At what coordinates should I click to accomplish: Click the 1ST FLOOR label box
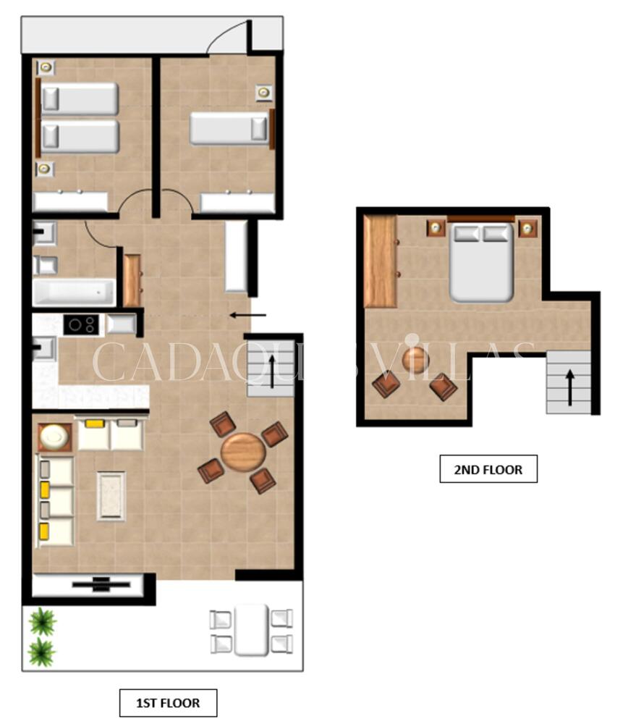pyautogui.click(x=168, y=703)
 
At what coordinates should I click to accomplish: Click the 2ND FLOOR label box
pyautogui.click(x=488, y=469)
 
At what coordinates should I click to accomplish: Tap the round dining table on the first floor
pyautogui.click(x=243, y=452)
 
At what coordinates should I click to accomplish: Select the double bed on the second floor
pyautogui.click(x=481, y=261)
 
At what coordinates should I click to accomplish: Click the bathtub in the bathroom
pyautogui.click(x=74, y=292)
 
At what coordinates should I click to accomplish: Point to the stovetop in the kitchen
pyautogui.click(x=81, y=324)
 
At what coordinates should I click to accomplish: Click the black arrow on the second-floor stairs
pyautogui.click(x=570, y=387)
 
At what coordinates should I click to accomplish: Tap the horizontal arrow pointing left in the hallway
pyautogui.click(x=247, y=316)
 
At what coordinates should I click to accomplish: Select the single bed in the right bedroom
pyautogui.click(x=229, y=128)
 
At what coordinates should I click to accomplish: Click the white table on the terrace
pyautogui.click(x=251, y=631)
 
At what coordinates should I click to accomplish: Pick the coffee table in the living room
pyautogui.click(x=111, y=496)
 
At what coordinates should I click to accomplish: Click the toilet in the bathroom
pyautogui.click(x=46, y=266)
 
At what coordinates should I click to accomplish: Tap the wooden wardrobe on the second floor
pyautogui.click(x=381, y=261)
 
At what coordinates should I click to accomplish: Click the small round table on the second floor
pyautogui.click(x=416, y=360)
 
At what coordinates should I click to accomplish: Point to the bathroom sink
pyautogui.click(x=44, y=233)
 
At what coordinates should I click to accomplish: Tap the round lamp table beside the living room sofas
pyautogui.click(x=55, y=437)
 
